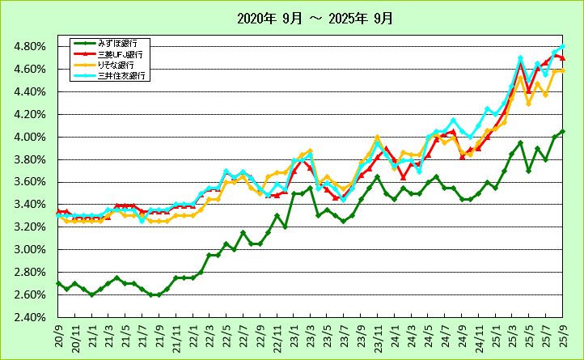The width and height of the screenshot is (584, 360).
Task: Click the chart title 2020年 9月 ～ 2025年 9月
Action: (x=291, y=17)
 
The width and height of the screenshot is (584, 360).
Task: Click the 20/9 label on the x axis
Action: (x=58, y=333)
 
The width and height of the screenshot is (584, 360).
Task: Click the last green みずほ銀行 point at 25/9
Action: (x=562, y=131)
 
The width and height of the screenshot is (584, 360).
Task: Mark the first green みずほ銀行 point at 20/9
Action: (x=57, y=283)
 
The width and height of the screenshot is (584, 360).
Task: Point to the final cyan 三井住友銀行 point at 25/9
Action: (x=562, y=46)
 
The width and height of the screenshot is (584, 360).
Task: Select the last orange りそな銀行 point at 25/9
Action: (x=562, y=71)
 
